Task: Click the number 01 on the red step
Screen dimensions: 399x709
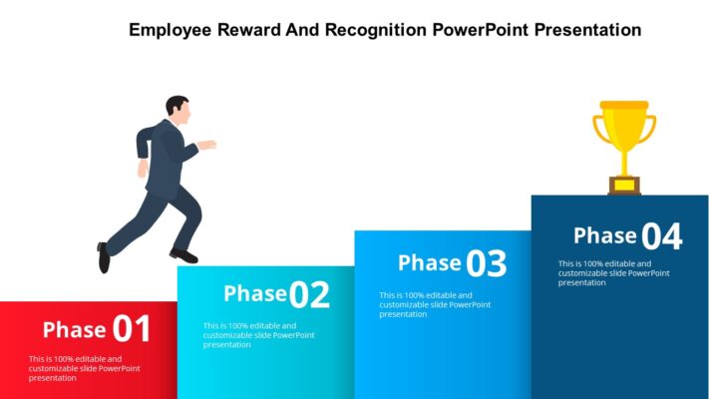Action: tap(132, 329)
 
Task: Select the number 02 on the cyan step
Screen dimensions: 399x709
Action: tap(309, 294)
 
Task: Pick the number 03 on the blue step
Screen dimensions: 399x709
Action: tap(487, 264)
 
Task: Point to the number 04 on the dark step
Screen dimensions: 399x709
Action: tap(662, 237)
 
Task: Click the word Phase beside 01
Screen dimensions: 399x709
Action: tap(74, 330)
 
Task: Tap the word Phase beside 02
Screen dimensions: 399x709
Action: tap(254, 293)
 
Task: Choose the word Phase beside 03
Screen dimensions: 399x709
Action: tap(429, 263)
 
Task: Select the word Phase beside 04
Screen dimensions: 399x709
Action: tap(604, 236)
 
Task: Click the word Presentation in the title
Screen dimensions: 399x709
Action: tap(587, 30)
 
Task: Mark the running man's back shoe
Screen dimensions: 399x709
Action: tap(103, 256)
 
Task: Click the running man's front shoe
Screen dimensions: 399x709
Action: tap(183, 256)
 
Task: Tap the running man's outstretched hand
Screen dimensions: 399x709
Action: tap(207, 146)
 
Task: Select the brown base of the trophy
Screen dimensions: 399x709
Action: tap(624, 186)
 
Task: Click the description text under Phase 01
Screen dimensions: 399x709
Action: tap(84, 368)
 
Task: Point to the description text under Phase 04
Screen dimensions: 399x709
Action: tap(612, 272)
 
